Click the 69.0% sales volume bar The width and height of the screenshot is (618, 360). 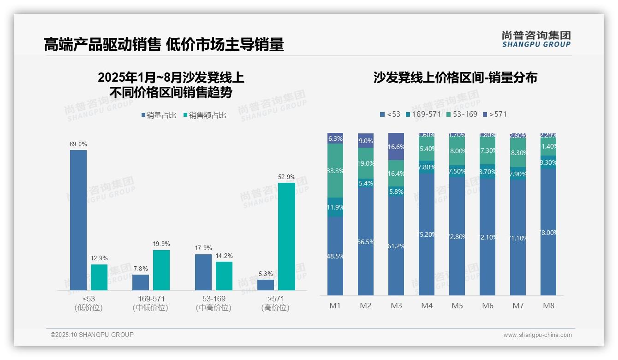(x=78, y=220)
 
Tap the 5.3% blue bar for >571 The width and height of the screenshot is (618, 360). (x=266, y=285)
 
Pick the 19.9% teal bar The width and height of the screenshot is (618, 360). (x=161, y=270)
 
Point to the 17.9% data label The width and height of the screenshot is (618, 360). (x=203, y=248)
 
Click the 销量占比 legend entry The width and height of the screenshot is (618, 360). (x=159, y=115)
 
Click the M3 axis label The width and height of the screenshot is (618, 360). (x=397, y=306)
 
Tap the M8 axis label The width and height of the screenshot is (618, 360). (x=548, y=306)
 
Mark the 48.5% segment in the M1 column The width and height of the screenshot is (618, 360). (x=335, y=256)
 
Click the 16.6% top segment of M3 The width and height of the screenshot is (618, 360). (x=396, y=146)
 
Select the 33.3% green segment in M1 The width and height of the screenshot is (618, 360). (x=335, y=170)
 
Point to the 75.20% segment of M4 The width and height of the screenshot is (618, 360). (x=427, y=234)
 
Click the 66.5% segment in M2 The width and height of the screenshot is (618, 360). (x=366, y=241)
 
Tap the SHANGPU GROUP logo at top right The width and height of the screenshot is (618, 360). (x=536, y=39)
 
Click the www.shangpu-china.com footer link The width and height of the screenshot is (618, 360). (x=537, y=335)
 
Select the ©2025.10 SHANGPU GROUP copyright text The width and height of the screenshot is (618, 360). (x=92, y=335)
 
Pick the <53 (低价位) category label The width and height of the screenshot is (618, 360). (x=88, y=303)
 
